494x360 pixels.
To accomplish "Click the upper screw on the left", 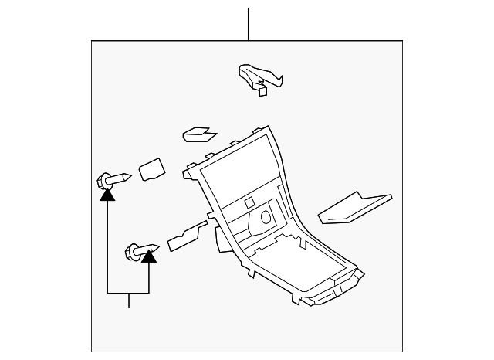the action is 113,181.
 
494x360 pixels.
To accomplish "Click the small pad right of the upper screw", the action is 151,169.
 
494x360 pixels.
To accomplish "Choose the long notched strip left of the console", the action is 186,236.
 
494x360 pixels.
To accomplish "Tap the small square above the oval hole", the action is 249,203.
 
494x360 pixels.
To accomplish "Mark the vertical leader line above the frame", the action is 248,23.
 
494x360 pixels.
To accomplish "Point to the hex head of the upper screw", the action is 101,182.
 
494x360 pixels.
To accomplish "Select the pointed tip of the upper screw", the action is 130,177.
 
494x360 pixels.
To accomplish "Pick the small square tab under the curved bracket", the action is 262,90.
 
